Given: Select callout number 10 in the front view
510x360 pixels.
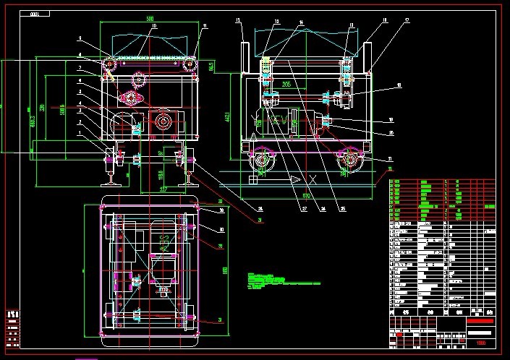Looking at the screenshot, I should coord(153,27).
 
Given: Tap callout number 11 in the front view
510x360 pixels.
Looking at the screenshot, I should coord(205,27).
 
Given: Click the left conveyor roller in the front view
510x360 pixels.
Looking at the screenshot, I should coord(111,66).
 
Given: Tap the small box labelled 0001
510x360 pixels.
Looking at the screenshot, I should coord(35,13).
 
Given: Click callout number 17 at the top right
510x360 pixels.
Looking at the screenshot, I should coord(407,21).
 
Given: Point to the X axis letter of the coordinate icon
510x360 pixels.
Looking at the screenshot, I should coord(312,179).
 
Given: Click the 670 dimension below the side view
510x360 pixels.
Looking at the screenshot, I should coord(307,194).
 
